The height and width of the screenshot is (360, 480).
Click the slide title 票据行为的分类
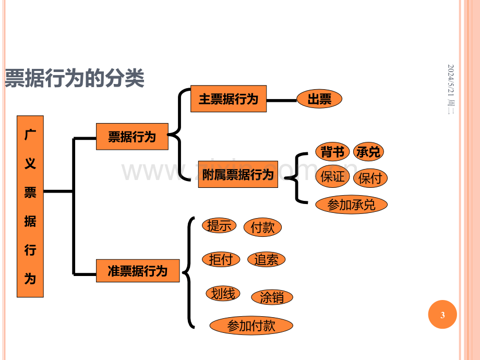75,78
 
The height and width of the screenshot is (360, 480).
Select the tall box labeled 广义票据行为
30,206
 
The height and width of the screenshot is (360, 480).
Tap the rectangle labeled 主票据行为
229,99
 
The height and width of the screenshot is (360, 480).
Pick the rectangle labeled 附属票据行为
238,174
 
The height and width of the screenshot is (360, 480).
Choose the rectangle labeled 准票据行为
138,271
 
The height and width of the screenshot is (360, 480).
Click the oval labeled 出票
319,99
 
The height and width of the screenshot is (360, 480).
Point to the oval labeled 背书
332,151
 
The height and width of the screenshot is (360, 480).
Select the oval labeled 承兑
368,151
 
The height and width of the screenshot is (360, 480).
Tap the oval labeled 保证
332,176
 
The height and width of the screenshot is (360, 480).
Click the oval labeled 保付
370,178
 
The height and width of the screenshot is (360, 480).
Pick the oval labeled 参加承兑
351,205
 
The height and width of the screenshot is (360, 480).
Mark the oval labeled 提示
219,225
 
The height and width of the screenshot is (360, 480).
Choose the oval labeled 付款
262,227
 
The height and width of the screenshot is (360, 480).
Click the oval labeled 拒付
221,260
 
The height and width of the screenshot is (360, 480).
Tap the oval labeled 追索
266,260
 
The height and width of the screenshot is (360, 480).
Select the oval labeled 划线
223,294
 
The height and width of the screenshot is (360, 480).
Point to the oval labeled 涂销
272,297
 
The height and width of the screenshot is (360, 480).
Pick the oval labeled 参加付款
251,326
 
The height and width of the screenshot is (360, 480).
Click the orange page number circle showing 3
442,315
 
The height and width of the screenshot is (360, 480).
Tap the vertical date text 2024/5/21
451,80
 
